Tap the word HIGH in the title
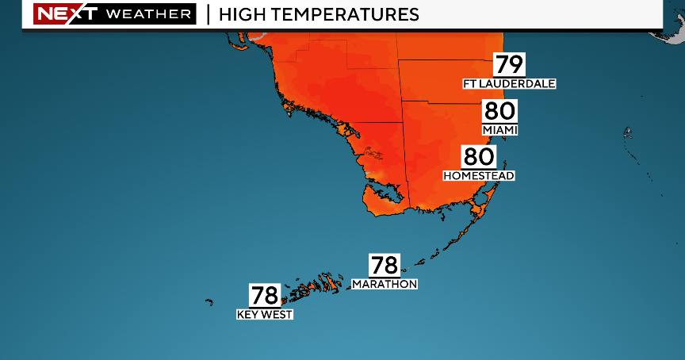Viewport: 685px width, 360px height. click(x=243, y=14)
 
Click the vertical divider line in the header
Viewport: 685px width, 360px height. click(x=207, y=14)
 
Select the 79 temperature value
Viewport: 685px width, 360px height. click(x=510, y=64)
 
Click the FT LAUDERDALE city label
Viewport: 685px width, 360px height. click(x=510, y=82)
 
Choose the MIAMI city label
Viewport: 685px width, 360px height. click(x=499, y=129)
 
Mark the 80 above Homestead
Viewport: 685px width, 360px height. click(x=479, y=157)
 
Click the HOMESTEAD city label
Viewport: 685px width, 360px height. click(x=479, y=174)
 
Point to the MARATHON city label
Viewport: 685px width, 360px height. click(x=385, y=283)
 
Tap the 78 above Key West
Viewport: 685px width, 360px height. click(x=265, y=296)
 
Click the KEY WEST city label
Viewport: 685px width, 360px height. click(x=265, y=314)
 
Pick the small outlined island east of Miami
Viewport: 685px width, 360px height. click(x=627, y=132)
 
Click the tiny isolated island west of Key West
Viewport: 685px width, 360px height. click(x=209, y=301)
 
